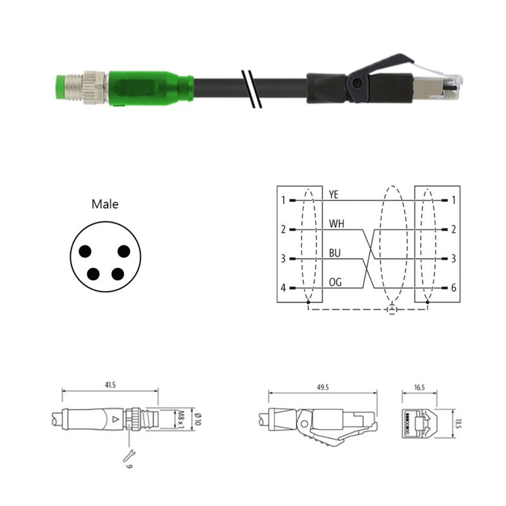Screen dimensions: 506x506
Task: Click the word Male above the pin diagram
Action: [x=105, y=204]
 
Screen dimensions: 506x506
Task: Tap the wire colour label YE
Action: [x=334, y=195]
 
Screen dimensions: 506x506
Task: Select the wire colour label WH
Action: [x=336, y=224]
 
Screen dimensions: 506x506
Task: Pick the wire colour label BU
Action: [x=335, y=253]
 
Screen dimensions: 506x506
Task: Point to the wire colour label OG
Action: [x=335, y=282]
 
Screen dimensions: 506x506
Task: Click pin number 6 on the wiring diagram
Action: [x=454, y=288]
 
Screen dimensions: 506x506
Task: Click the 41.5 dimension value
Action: [x=110, y=385]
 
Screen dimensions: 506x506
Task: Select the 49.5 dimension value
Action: [x=323, y=387]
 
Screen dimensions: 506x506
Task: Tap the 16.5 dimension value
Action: [x=419, y=387]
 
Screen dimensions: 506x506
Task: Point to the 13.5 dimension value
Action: [x=459, y=424]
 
